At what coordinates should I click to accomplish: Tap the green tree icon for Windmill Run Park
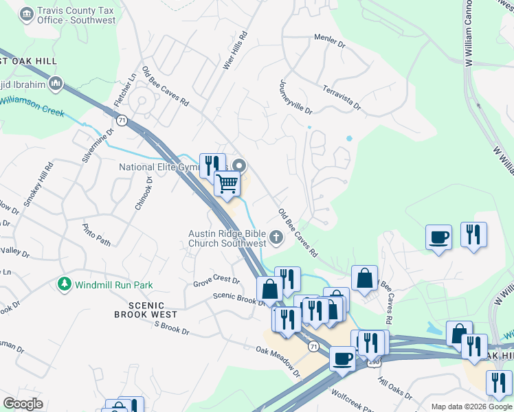point(65,284)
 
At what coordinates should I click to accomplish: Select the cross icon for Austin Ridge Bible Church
point(276,238)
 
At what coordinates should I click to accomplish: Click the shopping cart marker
point(227,183)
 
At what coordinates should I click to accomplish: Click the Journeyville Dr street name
point(295,97)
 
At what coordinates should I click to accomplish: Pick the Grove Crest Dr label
point(216,282)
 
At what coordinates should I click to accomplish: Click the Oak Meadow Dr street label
point(278,361)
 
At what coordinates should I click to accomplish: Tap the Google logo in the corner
point(23,404)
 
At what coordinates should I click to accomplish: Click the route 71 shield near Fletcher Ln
point(122,121)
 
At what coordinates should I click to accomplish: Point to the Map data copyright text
point(471,407)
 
